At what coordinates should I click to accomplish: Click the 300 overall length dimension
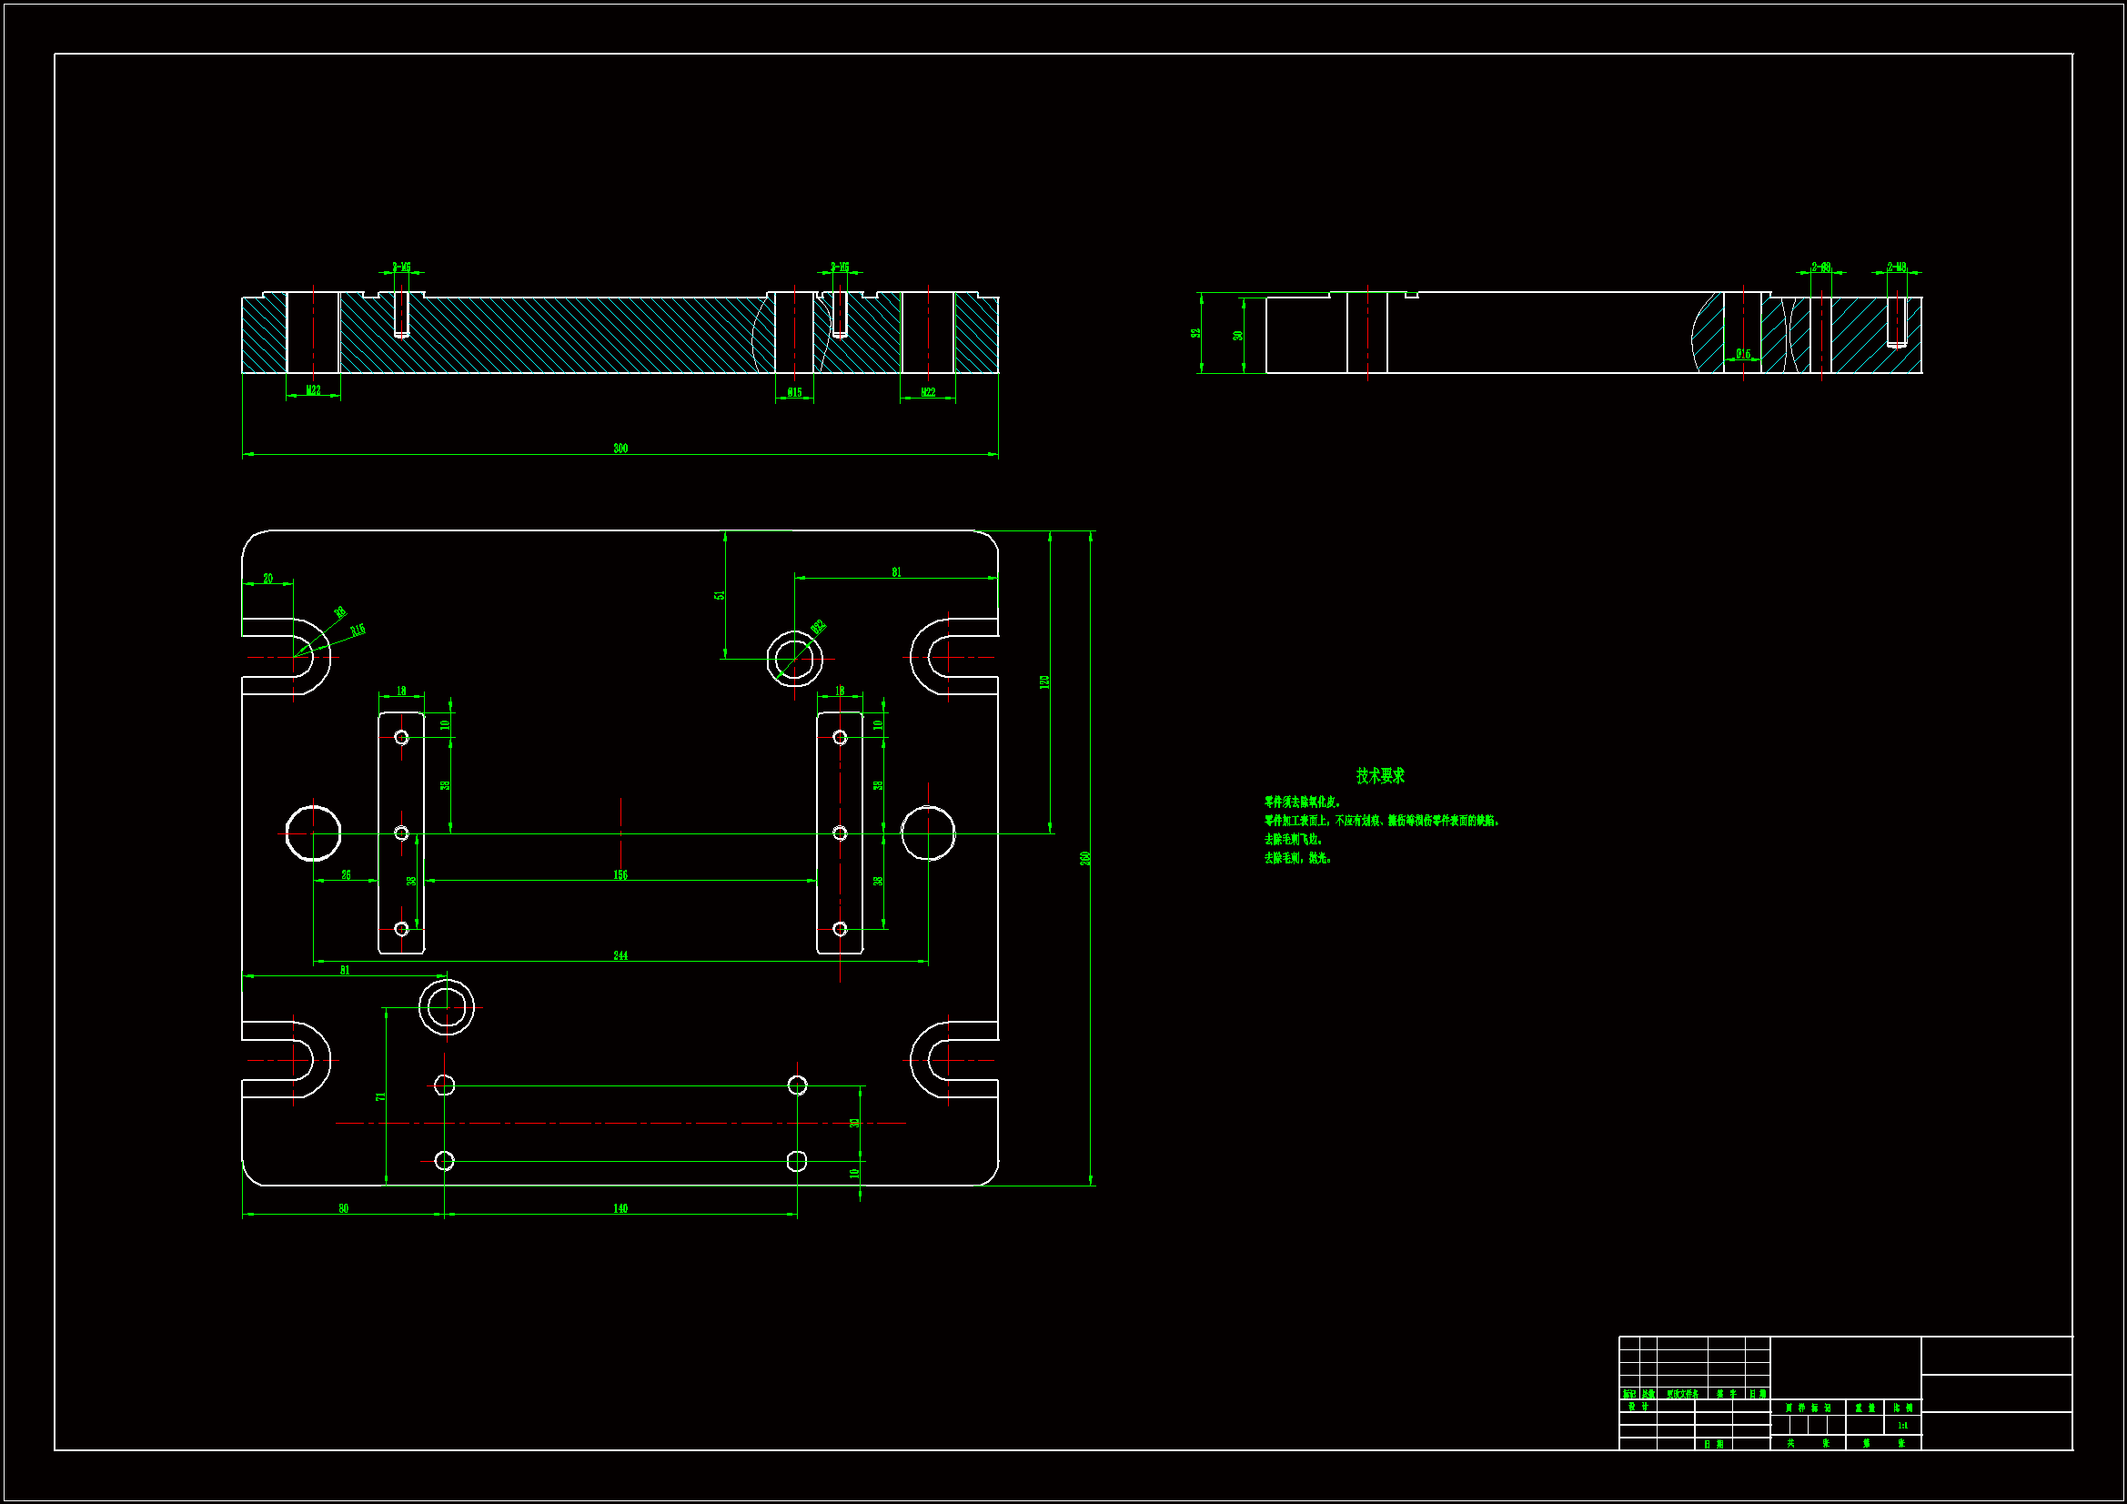[620, 449]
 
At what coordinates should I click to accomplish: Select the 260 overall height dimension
[1084, 858]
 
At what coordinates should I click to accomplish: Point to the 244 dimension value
[620, 955]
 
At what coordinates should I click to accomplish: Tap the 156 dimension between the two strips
[620, 874]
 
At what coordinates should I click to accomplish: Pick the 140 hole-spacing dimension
[620, 1208]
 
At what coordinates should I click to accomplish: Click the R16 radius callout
[358, 631]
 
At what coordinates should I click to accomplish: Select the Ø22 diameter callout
[818, 628]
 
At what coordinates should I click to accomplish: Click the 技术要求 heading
[1379, 775]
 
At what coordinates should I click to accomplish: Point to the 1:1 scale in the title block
[1902, 1426]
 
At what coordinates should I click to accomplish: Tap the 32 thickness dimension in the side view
[1196, 334]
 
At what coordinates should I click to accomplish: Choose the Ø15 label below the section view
[795, 393]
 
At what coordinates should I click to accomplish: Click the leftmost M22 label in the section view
[313, 391]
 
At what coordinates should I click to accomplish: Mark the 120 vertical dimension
[1044, 682]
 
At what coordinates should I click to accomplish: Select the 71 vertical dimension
[380, 1097]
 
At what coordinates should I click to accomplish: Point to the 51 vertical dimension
[719, 595]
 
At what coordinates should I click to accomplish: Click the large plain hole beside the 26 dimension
[313, 833]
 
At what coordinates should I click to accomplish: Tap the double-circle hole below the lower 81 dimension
[447, 1007]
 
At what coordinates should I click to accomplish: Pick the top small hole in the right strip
[840, 738]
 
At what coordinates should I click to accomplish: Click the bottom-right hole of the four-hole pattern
[797, 1161]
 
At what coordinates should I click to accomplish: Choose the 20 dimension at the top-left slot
[267, 579]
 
